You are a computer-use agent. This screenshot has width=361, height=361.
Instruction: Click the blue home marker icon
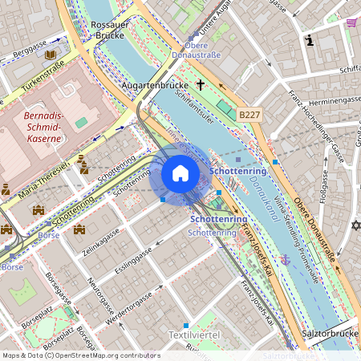[180, 174]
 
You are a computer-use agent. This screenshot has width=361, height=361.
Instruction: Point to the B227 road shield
[249, 116]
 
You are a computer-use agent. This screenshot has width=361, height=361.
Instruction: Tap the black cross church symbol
[199, 83]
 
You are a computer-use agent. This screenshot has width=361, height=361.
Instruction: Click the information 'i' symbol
[309, 40]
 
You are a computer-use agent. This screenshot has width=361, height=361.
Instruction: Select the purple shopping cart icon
[351, 22]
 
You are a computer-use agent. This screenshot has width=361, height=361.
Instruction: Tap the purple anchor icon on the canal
[284, 259]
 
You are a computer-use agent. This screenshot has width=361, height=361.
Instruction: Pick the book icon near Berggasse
[51, 55]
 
